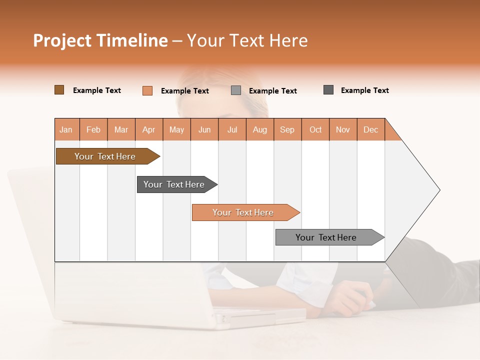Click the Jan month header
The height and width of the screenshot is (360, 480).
coord(66,129)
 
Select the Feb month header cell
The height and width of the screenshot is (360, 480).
coord(93,129)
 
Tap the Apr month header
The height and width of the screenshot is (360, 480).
coord(149,129)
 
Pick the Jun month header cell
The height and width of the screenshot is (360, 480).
coord(204,129)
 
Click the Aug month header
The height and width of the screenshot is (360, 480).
coord(260,129)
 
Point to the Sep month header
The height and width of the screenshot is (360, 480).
coord(287,129)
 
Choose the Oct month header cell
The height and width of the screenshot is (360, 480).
coord(315,129)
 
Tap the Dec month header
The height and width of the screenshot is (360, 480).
coord(371,129)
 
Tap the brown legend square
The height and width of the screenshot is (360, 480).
coord(59,90)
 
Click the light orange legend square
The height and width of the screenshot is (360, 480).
coord(147,90)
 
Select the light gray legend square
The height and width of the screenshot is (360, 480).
coord(236,90)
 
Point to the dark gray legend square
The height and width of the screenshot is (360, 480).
coord(328,90)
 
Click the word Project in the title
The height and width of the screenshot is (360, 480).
coord(61,40)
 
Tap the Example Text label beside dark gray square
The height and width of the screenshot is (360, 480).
coord(364,90)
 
